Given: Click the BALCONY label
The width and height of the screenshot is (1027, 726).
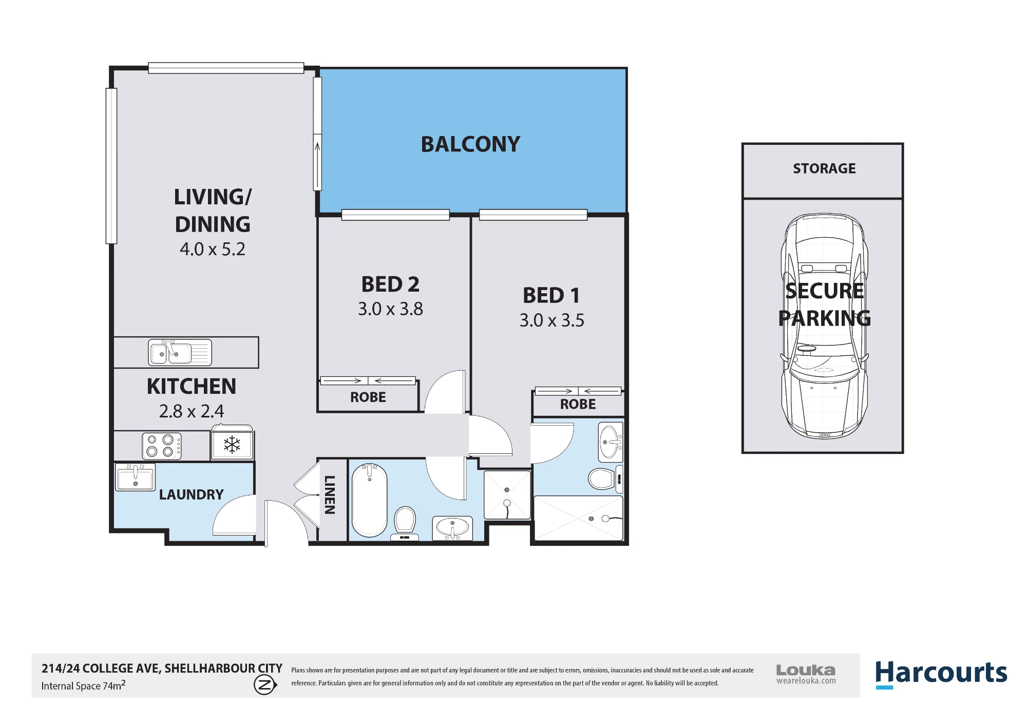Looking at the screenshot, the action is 470,144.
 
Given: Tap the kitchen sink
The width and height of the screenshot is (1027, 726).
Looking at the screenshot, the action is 180,352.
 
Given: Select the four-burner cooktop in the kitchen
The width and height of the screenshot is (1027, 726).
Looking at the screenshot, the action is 162,446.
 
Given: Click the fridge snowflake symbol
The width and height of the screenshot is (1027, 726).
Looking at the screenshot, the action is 232,445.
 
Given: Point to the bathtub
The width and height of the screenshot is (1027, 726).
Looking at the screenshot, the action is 369,500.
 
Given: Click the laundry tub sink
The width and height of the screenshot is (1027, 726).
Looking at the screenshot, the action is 135,477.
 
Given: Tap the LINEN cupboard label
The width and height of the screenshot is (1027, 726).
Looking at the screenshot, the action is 330,494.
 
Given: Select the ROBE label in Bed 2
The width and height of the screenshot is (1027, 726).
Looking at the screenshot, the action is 368,397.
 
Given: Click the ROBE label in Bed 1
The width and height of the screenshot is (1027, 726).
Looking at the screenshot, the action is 578,405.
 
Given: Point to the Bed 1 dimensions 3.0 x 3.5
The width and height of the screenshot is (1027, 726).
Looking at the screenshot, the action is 551,320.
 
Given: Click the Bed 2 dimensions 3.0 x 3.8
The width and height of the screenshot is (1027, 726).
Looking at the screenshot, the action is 390,309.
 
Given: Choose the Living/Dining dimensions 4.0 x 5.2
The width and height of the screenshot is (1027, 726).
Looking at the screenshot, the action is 212,250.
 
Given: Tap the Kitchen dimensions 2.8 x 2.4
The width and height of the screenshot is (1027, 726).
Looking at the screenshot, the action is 191,411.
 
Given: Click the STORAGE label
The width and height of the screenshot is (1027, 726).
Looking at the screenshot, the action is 824,168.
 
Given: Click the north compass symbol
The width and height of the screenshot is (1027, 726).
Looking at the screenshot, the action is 265,684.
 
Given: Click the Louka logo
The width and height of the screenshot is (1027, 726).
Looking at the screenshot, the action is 806,674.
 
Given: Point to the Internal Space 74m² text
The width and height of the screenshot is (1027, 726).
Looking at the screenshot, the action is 83,685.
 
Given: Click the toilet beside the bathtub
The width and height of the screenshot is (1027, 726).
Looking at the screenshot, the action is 405,523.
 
